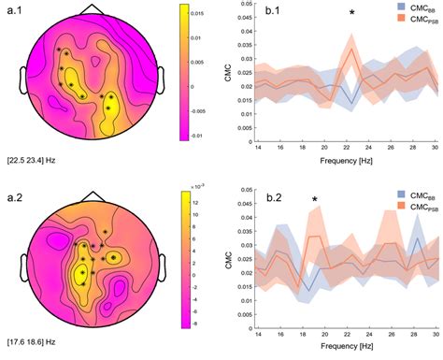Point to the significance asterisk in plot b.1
pos(351,12)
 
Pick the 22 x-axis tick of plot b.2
pos(350,333)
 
